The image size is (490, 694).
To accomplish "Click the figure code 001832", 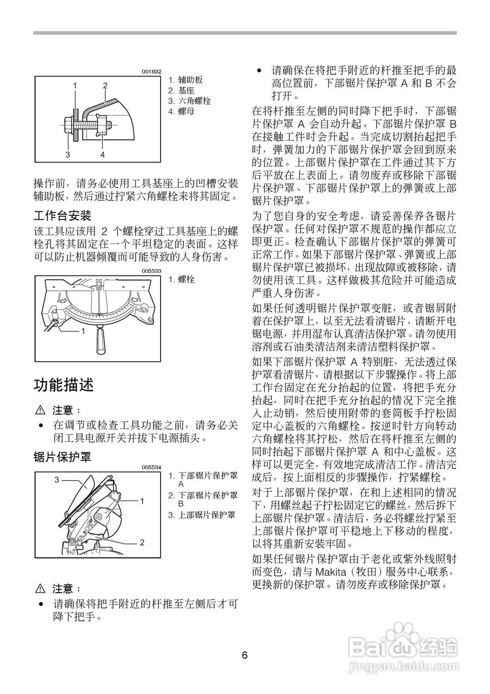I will pyautogui.click(x=152, y=72).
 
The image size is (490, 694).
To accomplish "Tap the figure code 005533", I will pyautogui.click(x=152, y=271).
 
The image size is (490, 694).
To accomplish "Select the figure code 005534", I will pyautogui.click(x=152, y=467).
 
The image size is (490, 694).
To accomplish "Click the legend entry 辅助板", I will pyautogui.click(x=182, y=80).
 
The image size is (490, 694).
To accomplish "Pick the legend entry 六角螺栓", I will pyautogui.click(x=186, y=101).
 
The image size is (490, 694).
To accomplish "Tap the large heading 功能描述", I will pyautogui.click(x=63, y=385).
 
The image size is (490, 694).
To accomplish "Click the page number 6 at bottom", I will pyautogui.click(x=245, y=655).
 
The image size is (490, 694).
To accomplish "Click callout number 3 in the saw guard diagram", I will pyautogui.click(x=56, y=480).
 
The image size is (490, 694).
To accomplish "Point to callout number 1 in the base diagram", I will pyautogui.click(x=83, y=330).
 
